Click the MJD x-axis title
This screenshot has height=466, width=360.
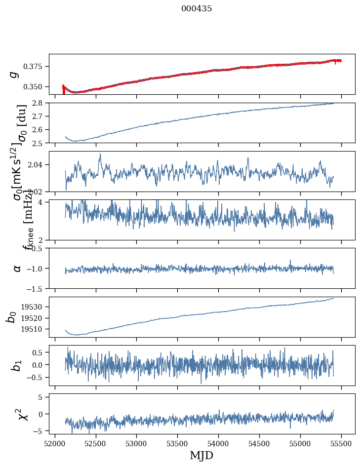click(201, 455)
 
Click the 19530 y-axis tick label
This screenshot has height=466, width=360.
click(35, 307)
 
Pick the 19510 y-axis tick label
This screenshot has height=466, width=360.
click(35, 329)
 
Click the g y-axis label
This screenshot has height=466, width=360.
click(14, 74)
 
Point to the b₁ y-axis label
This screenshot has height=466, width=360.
click(17, 366)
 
